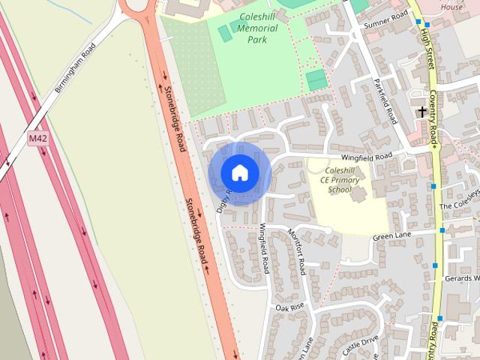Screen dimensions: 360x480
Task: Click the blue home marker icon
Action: [239, 172]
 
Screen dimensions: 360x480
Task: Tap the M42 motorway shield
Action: [37, 139]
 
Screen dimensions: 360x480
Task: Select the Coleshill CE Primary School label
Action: [340, 180]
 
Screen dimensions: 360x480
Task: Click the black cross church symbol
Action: [422, 112]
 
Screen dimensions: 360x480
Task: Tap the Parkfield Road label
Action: [385, 103]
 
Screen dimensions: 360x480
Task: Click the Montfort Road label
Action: [297, 250]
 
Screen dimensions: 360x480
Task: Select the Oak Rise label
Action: [289, 307]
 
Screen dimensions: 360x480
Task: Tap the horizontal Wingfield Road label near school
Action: [367, 157]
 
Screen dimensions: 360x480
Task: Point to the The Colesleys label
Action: [459, 204]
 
